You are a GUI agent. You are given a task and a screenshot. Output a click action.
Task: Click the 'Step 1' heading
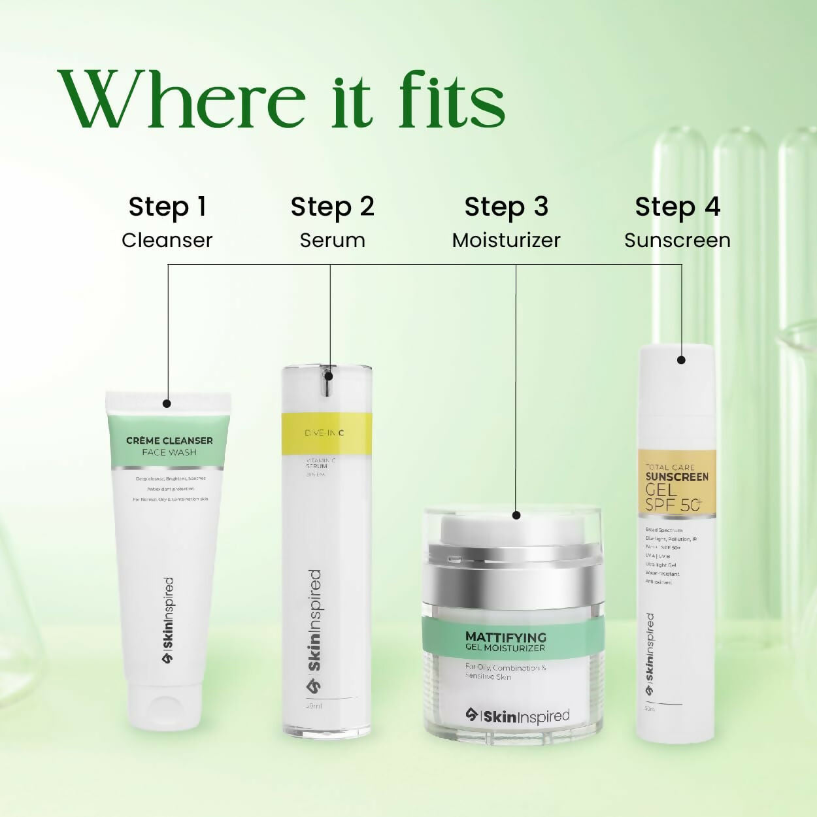click(x=167, y=207)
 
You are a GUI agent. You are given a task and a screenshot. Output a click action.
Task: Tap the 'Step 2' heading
click(x=332, y=207)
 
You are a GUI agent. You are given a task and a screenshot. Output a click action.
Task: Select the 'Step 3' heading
click(x=506, y=207)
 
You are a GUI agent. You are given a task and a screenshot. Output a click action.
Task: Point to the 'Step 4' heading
click(x=677, y=207)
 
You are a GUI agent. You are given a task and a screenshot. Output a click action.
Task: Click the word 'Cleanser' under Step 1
click(x=167, y=240)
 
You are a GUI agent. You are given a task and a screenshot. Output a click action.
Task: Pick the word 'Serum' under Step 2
click(x=332, y=240)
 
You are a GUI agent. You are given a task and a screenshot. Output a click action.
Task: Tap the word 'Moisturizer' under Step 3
click(x=506, y=240)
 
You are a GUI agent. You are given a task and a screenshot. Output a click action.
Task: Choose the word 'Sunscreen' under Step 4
click(x=677, y=240)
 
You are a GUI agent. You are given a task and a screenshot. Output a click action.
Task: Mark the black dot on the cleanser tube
click(x=167, y=404)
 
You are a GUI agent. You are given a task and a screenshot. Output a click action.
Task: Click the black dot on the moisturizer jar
click(x=516, y=515)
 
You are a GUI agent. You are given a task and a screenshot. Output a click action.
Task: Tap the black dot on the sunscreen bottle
click(x=681, y=360)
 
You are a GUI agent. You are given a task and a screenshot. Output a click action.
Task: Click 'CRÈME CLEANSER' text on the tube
click(x=169, y=441)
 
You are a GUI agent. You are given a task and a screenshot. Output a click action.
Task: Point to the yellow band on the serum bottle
click(x=327, y=433)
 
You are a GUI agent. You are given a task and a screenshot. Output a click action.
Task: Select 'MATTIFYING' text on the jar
click(x=506, y=637)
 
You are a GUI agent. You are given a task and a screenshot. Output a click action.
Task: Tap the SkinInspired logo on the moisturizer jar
click(x=518, y=716)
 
